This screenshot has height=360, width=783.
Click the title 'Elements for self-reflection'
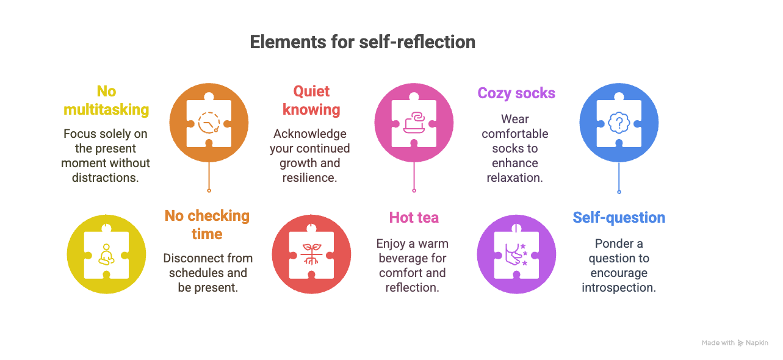coord(363,42)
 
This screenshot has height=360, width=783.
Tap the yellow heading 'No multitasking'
coord(106,101)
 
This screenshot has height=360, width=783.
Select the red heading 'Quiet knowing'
coord(311,101)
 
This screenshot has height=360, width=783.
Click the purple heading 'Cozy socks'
coord(516,93)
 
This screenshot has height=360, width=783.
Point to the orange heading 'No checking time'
coord(207,225)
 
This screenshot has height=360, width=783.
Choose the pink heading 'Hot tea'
coord(414,218)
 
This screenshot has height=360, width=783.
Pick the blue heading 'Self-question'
coord(619,218)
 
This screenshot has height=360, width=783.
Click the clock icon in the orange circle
coord(209,123)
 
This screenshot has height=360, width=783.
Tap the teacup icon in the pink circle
coord(414,122)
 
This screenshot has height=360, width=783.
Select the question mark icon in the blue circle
coord(619,123)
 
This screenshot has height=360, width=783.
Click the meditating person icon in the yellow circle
coord(106,254)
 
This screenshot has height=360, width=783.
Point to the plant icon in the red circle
coord(311,254)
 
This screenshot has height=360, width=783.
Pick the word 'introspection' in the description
coord(619,288)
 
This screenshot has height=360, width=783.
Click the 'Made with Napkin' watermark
coord(735,343)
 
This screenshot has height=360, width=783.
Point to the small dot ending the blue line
coord(619,192)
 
